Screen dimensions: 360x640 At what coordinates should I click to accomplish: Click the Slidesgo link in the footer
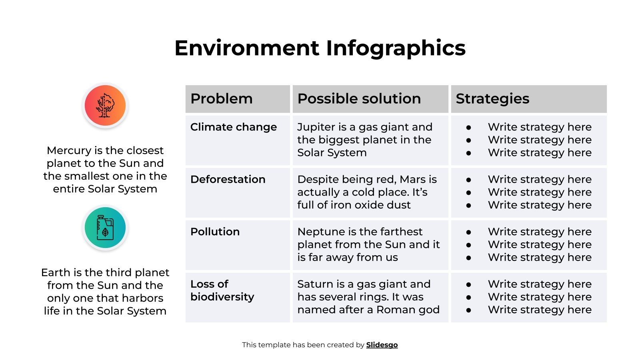coord(382,345)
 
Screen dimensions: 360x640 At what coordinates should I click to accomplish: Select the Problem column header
coord(221,99)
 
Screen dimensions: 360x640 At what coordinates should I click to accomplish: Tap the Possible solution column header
coord(359,99)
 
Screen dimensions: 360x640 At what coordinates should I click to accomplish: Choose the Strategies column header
coord(492,99)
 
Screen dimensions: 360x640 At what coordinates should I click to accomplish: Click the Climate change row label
coord(234,127)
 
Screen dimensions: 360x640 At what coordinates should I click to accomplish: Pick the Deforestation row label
coord(228,180)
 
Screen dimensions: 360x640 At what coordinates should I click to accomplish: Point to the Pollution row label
coord(215,232)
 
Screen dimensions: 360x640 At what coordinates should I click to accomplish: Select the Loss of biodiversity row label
coord(222,290)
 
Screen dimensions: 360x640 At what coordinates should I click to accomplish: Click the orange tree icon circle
coord(105,106)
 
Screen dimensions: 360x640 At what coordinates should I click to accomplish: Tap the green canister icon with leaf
coord(105,228)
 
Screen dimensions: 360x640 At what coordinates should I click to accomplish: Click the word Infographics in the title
coord(396,48)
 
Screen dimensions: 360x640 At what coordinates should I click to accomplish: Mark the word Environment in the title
coord(247,48)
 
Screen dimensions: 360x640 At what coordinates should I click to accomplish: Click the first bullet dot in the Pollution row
coord(468,232)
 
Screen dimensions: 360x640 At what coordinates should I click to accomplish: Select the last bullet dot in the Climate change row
coord(468,153)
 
